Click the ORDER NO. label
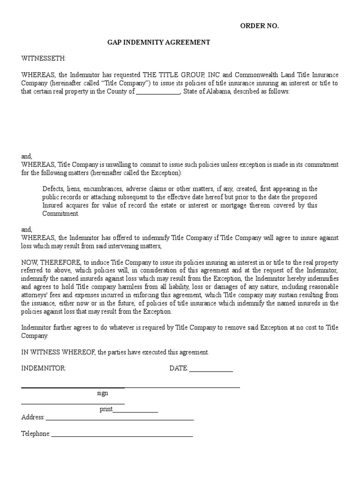259,26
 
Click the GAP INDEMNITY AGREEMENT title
159,43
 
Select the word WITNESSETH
44,59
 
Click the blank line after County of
157,92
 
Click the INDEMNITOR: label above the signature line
44,368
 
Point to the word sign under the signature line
103,394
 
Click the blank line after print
135,410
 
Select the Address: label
33,417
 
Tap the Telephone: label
36,434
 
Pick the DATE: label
179,368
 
